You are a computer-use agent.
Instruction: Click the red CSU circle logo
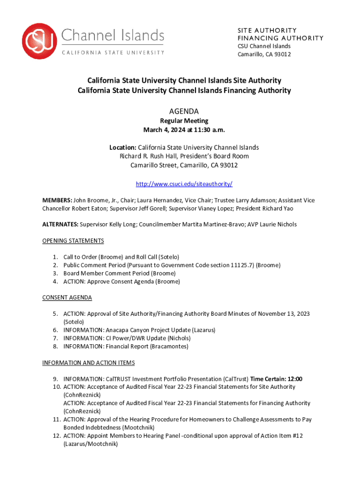click(x=40, y=42)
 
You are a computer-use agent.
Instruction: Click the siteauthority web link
click(x=184, y=184)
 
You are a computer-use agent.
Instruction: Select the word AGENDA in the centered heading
click(x=184, y=111)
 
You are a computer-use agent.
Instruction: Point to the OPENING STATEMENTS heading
click(x=73, y=241)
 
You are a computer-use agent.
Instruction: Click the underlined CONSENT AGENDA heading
click(x=67, y=298)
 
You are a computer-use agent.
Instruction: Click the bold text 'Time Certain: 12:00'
click(x=276, y=379)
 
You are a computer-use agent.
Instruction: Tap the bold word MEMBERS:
click(x=57, y=200)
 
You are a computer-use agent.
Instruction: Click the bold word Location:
click(x=123, y=147)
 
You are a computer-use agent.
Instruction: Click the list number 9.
click(x=56, y=379)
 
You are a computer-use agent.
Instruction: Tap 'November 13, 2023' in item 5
click(x=284, y=314)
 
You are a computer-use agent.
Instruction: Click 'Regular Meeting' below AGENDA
click(x=184, y=121)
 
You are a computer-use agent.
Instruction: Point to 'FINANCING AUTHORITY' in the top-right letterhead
click(x=280, y=38)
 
